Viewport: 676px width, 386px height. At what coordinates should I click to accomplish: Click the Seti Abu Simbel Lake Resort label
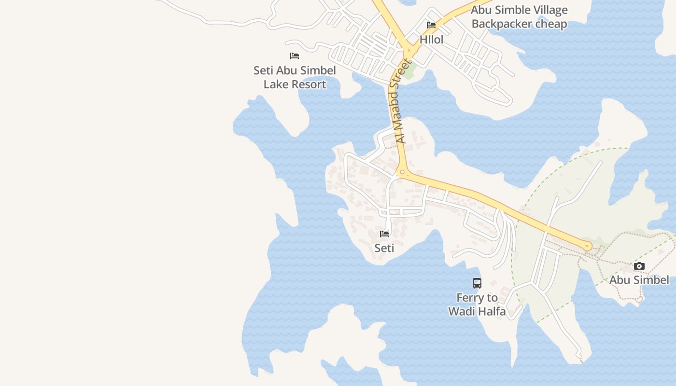(x=295, y=77)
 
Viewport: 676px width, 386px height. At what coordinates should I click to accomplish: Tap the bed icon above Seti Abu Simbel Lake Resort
(x=295, y=56)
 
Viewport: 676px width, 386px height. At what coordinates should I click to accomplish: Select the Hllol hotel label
(x=431, y=40)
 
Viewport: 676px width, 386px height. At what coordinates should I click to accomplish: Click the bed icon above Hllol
(x=431, y=25)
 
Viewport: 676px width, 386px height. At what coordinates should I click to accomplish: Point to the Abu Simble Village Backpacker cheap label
(x=519, y=17)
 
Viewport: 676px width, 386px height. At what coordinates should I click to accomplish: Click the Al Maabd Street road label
(x=400, y=101)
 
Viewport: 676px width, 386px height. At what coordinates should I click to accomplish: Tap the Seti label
(x=384, y=248)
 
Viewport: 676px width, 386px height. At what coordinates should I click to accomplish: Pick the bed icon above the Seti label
(x=384, y=234)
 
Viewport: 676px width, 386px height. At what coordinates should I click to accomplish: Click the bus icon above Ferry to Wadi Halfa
(x=477, y=283)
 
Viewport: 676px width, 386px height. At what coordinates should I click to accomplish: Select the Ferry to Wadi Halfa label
(x=477, y=304)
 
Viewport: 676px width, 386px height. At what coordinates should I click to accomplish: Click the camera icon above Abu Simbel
(x=639, y=266)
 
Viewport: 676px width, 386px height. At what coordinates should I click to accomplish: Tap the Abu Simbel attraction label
(x=639, y=280)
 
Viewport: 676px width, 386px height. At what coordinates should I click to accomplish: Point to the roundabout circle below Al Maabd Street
(x=402, y=172)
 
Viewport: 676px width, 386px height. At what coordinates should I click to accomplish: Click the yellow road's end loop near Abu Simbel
(x=588, y=246)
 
